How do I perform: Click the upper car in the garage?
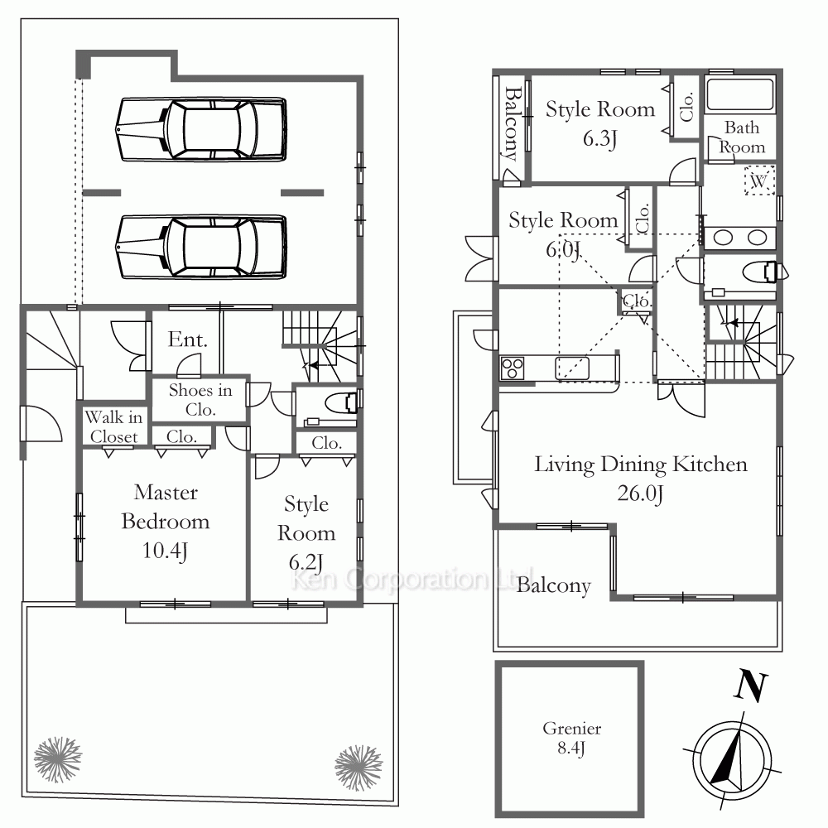point(201,129)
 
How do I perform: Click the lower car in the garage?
point(201,247)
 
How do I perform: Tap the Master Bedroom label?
point(166,507)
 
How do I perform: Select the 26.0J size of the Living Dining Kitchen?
point(640,493)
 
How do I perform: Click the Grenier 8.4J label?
point(572,739)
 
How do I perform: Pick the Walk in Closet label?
point(113,426)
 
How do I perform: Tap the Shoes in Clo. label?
point(200,399)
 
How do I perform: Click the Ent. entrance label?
point(187,339)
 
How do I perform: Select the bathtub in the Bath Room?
point(739,95)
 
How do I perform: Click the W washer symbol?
point(758,181)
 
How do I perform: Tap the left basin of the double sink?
point(723,238)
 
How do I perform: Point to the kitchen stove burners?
point(513,368)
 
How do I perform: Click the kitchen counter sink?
point(572,368)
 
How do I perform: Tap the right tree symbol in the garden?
point(359,768)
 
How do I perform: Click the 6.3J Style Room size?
point(599,139)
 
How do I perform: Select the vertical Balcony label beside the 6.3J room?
point(512,124)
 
